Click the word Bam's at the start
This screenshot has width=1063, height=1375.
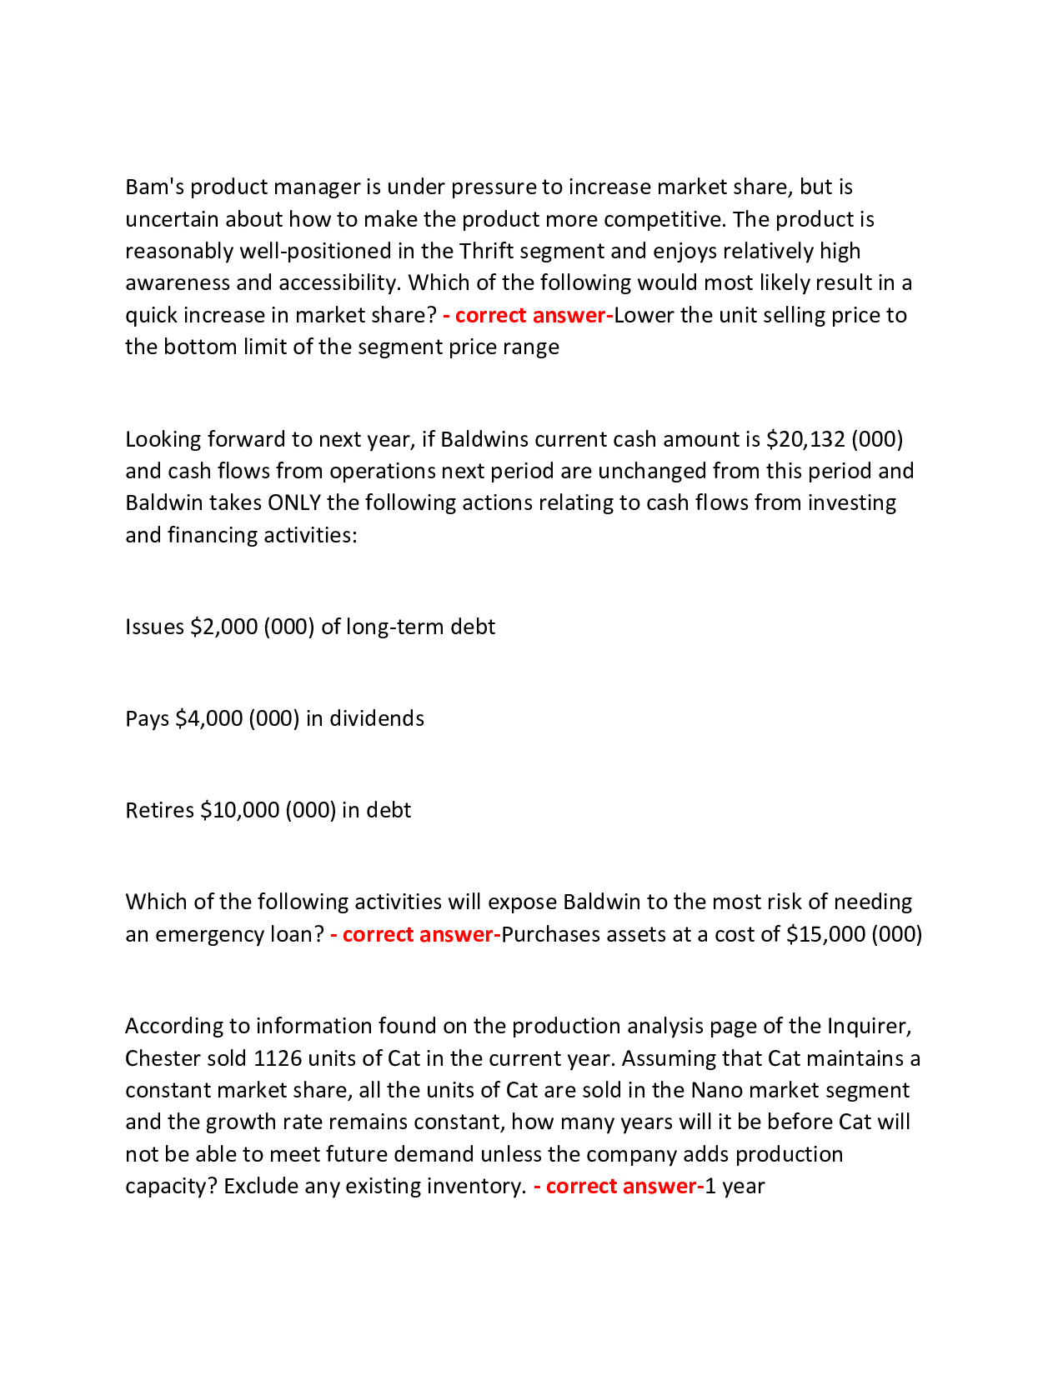point(154,187)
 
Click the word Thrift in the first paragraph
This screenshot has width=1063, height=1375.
point(485,251)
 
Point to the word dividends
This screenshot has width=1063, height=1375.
point(377,718)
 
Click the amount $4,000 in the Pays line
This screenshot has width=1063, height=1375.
point(208,718)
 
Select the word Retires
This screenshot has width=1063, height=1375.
point(159,810)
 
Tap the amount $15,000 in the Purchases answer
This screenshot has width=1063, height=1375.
point(825,934)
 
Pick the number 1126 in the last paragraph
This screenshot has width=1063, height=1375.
point(277,1058)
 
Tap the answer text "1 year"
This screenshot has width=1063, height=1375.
point(735,1186)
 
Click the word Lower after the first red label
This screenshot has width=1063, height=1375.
point(644,315)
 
